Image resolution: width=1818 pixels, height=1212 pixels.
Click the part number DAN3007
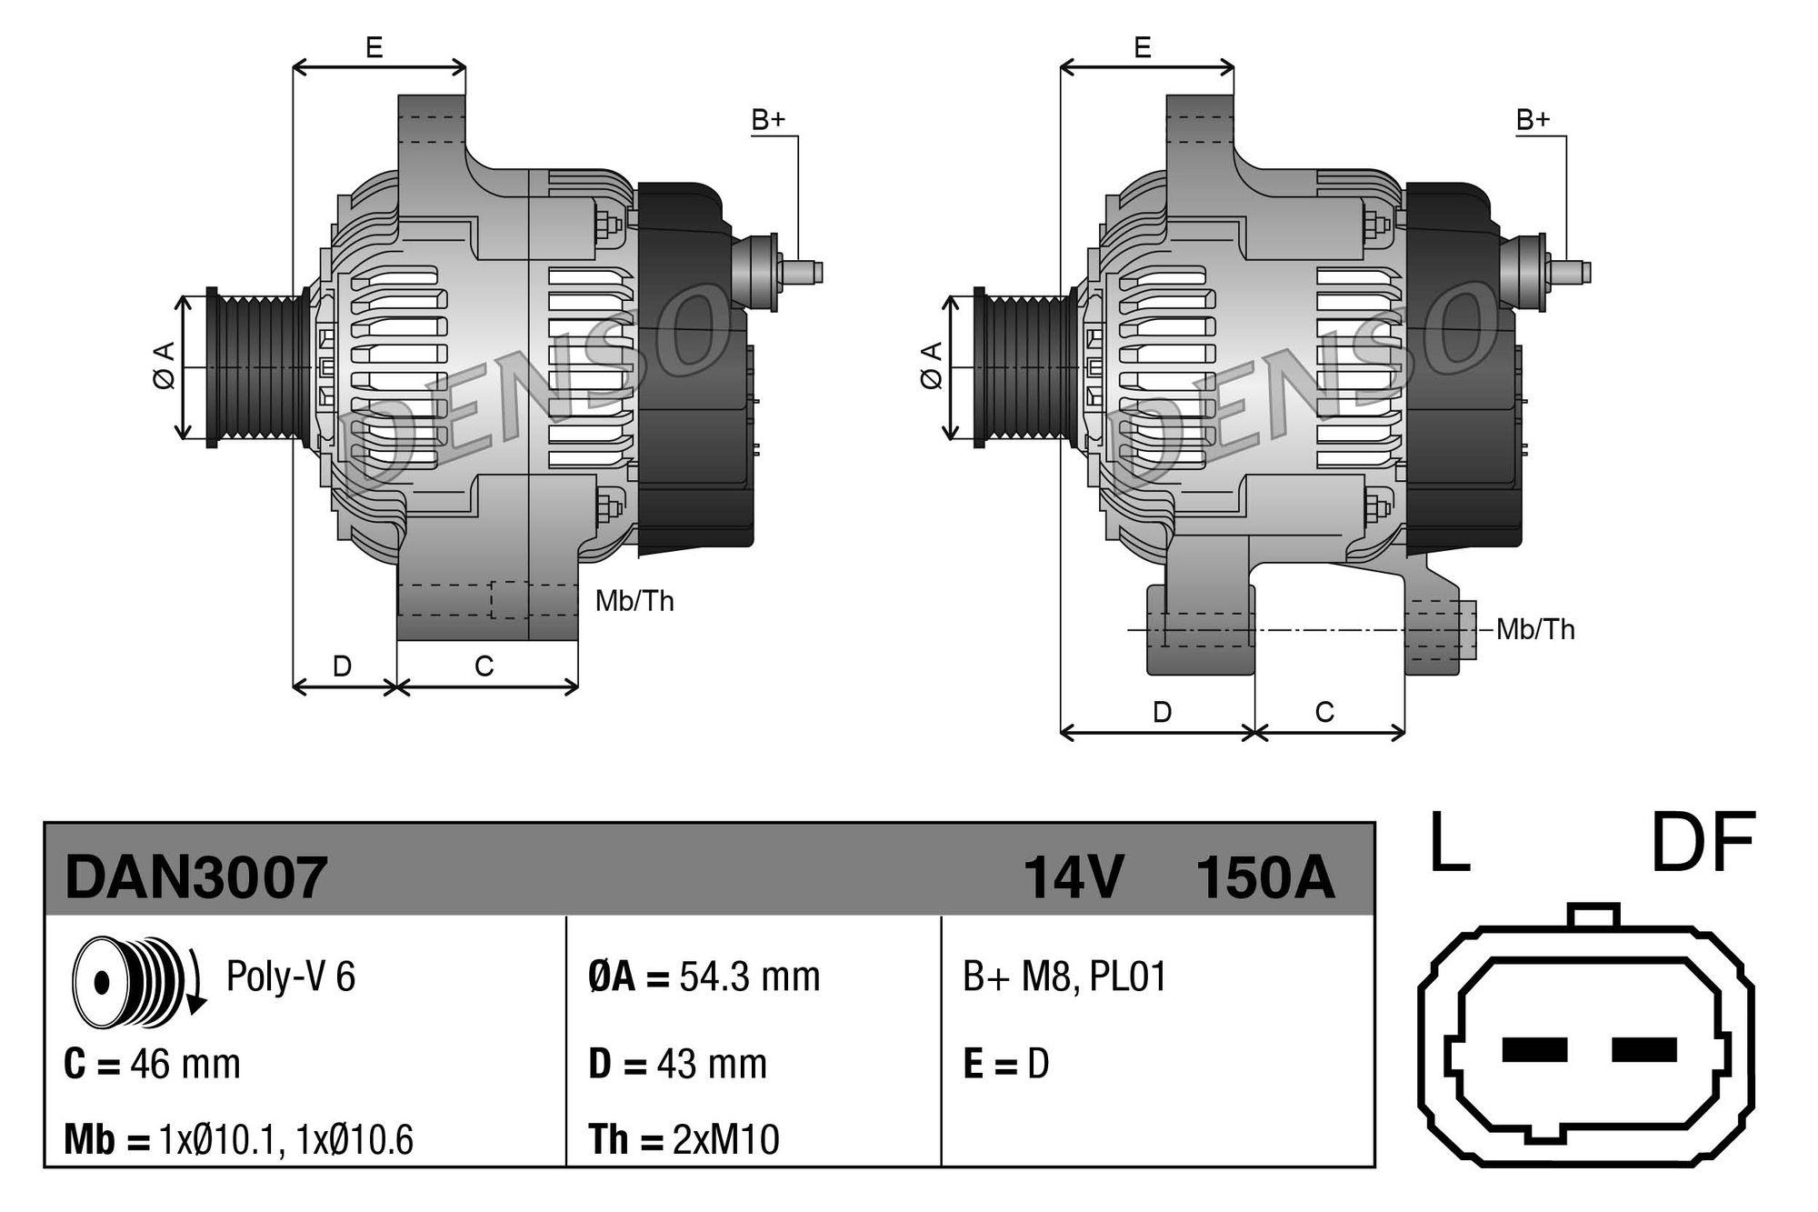tap(195, 878)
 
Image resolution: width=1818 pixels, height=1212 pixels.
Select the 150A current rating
tap(1264, 878)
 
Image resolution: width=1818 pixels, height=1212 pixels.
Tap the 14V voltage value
tap(1074, 878)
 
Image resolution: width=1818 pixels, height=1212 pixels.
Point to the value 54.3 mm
tap(749, 977)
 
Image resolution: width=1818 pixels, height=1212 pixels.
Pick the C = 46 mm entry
tap(152, 1063)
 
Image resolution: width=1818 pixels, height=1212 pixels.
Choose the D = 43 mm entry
tap(677, 1063)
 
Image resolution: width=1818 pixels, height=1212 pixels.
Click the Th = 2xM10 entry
tap(684, 1139)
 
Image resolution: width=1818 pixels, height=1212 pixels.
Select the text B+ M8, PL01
tap(1064, 977)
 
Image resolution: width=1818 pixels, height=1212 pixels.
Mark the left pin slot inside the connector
tap(1534, 1049)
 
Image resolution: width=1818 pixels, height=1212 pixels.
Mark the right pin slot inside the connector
tap(1643, 1049)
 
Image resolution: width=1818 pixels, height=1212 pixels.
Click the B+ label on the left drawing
tap(767, 119)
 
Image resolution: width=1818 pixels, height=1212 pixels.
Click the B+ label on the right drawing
tap(1533, 119)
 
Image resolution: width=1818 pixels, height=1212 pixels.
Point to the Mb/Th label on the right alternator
tap(1535, 629)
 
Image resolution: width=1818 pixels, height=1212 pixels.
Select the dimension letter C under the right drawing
tap(1324, 712)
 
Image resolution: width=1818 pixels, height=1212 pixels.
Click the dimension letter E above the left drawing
tap(374, 47)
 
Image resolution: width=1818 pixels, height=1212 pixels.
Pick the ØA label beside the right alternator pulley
tap(931, 366)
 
